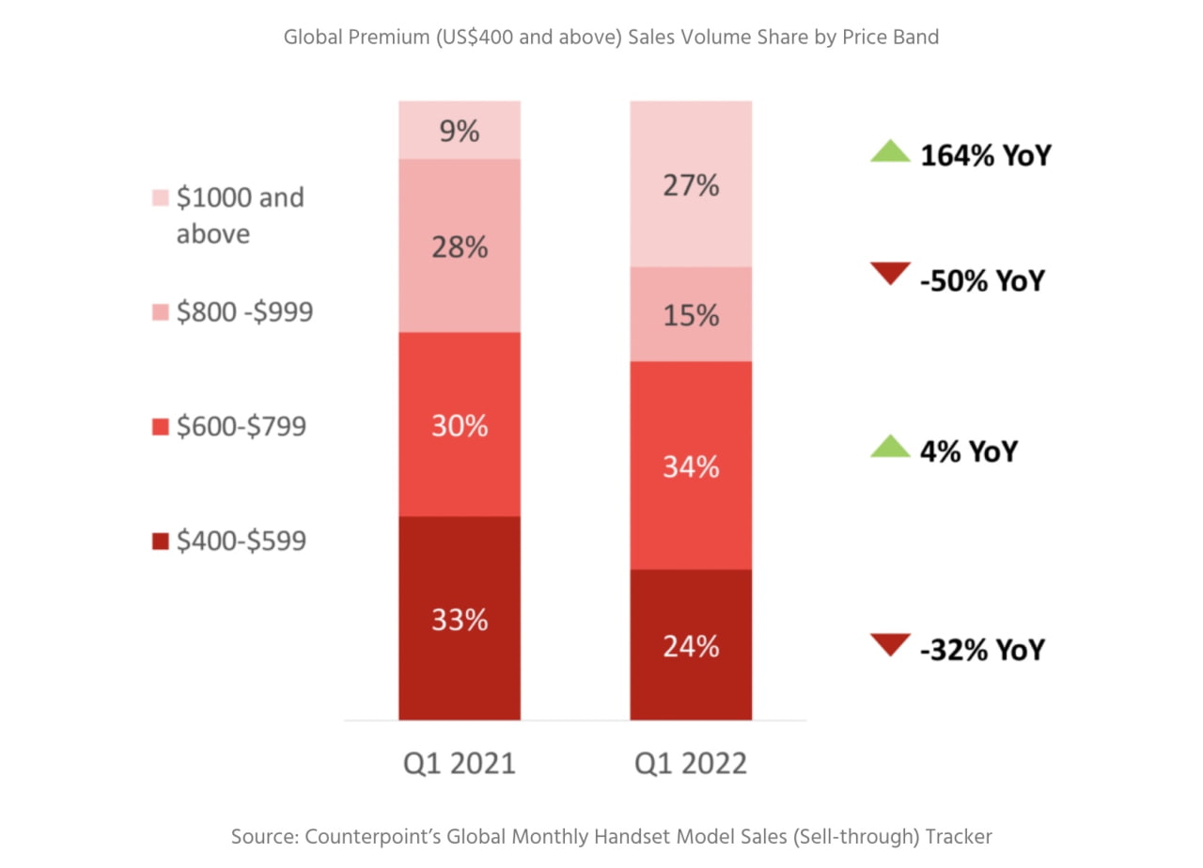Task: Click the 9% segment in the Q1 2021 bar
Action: coord(460,131)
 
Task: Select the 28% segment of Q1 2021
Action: coord(460,246)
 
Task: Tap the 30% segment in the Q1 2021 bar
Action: coord(460,425)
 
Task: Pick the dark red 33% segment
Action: coord(460,619)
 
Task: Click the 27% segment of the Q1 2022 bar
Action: coord(691,185)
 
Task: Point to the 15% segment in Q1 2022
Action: coord(691,314)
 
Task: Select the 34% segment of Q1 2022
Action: coord(691,466)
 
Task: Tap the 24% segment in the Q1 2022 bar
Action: coord(691,645)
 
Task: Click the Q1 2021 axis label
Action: coord(460,762)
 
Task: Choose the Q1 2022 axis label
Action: coord(691,762)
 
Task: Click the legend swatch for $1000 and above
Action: coord(160,198)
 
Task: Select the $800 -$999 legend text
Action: coord(244,312)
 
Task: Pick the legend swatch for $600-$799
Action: coord(160,427)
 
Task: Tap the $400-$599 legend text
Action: coord(241,541)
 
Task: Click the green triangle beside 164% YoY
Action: coord(890,151)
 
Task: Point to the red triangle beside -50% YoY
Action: coord(890,275)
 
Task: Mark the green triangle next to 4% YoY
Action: coord(890,446)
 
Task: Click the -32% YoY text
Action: coord(982,649)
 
